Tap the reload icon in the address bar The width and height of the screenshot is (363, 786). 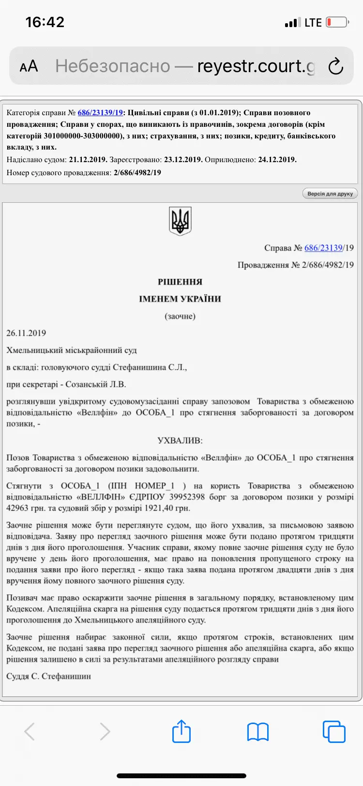coord(335,66)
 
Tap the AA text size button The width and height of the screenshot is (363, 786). coord(29,66)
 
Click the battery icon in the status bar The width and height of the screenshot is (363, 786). coord(337,22)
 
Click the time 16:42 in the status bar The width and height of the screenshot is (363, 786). coord(45,22)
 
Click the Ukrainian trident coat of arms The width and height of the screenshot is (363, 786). coord(180,221)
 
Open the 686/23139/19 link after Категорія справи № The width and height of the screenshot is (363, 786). coord(100,113)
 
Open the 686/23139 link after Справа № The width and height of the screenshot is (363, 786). coord(323,248)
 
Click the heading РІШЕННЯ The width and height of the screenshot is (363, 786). coord(180,282)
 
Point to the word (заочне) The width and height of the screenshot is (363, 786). coord(180,316)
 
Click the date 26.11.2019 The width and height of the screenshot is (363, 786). coord(26,333)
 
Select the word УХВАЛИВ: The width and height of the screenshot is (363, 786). coord(180,440)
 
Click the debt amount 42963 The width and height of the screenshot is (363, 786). coord(18,508)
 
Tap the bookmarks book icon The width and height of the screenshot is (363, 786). coord(257,732)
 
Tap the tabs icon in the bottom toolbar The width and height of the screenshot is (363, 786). coord(333,731)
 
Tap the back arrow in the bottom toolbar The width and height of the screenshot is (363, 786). coord(30,732)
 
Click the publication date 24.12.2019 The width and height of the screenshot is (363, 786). coord(277,160)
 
